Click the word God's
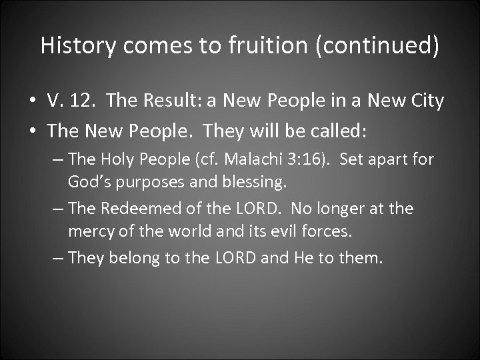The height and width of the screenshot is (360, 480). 90,181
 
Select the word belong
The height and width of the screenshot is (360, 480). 136,258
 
